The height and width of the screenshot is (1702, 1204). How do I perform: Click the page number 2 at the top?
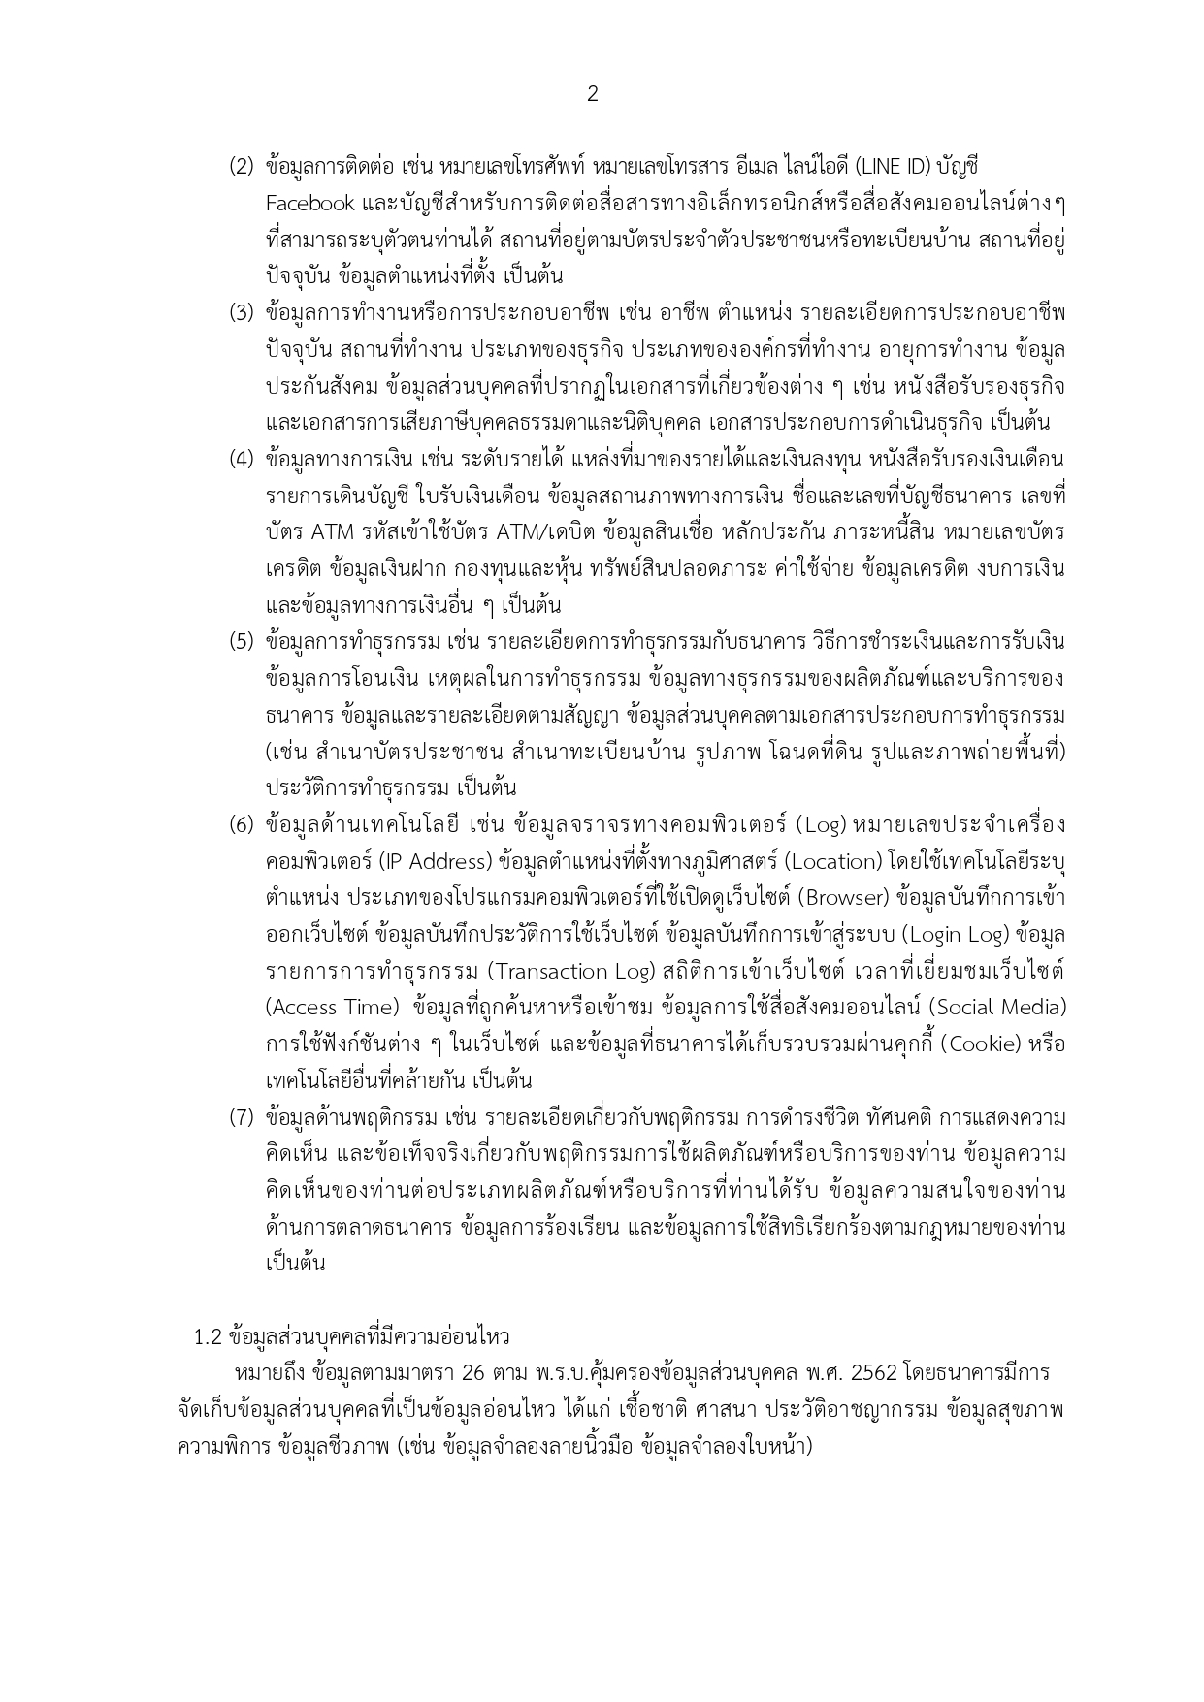[593, 94]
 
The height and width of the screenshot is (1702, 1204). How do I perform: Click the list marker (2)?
[242, 166]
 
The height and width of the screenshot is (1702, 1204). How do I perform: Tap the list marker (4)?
[242, 459]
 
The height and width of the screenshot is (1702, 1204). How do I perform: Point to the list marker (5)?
[242, 642]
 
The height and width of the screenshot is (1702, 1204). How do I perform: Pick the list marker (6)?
[242, 825]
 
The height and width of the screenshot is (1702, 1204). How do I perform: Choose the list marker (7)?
[242, 1117]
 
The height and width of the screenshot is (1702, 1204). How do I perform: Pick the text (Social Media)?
[1003, 1009]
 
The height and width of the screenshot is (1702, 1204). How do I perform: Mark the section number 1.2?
[209, 1337]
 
